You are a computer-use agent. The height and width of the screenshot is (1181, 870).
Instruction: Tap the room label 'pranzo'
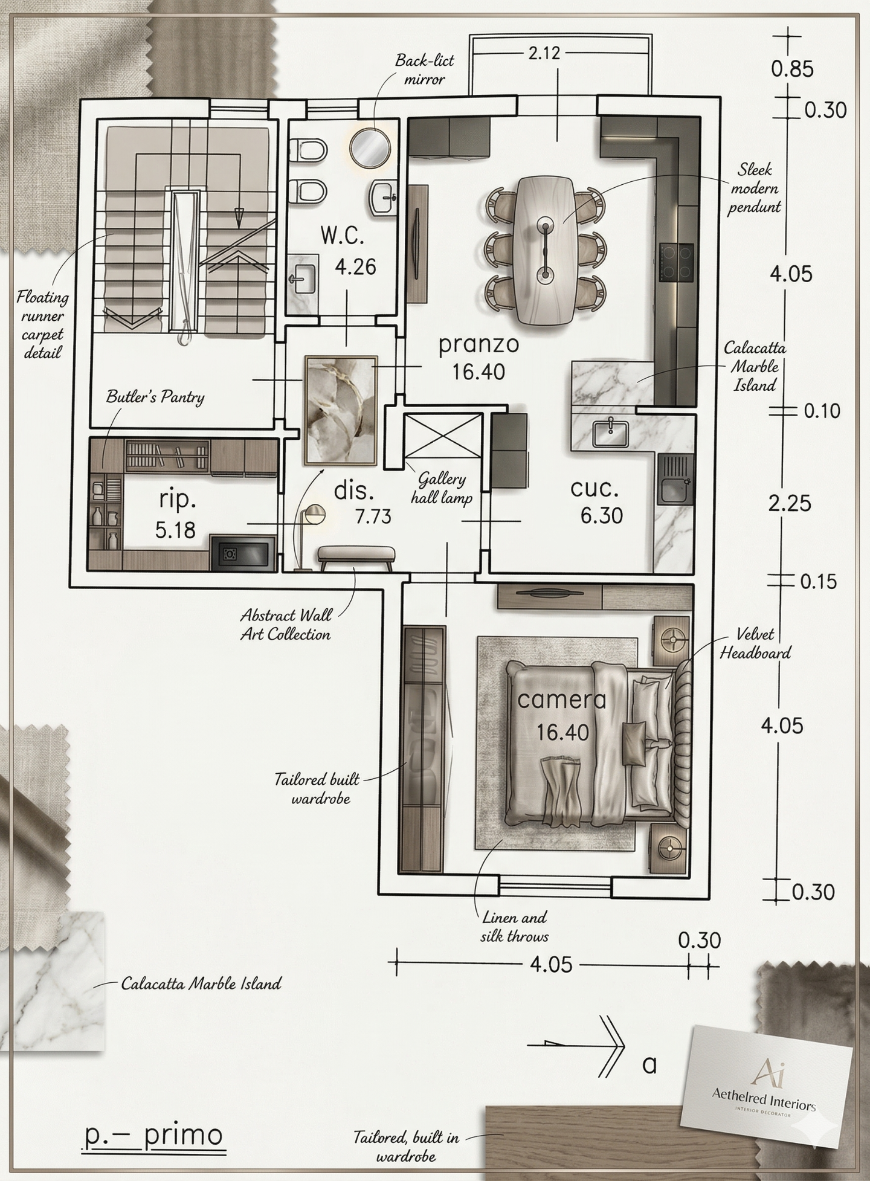[x=478, y=345]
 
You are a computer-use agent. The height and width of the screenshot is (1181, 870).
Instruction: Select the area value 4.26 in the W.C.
[x=355, y=266]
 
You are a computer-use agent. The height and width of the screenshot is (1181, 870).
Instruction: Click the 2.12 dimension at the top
[x=544, y=53]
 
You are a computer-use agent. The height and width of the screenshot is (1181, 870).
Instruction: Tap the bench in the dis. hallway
[x=356, y=558]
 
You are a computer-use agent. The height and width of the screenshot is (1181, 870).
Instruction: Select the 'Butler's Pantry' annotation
[x=155, y=397]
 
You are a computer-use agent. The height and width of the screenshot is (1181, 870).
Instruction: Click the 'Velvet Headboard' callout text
[x=755, y=643]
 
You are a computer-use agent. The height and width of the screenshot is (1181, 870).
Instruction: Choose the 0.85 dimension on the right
[x=792, y=69]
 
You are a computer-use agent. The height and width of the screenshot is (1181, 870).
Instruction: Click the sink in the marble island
[x=610, y=433]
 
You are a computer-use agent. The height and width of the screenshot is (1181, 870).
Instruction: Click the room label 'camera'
[x=562, y=700]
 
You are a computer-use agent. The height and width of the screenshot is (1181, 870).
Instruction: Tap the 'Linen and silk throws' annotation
[x=515, y=927]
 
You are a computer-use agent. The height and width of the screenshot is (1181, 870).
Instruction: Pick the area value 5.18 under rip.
[x=175, y=530]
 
